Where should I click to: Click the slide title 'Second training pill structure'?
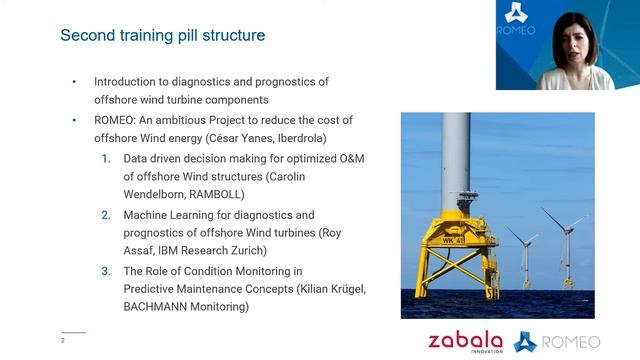click(x=162, y=35)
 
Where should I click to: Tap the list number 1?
click(x=106, y=158)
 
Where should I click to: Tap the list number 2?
click(x=106, y=214)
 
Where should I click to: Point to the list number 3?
click(x=106, y=271)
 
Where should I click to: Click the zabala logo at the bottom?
click(x=467, y=341)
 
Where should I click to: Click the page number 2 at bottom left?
click(x=63, y=341)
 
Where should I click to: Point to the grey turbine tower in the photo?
click(x=457, y=160)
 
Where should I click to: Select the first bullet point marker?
click(x=73, y=82)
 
